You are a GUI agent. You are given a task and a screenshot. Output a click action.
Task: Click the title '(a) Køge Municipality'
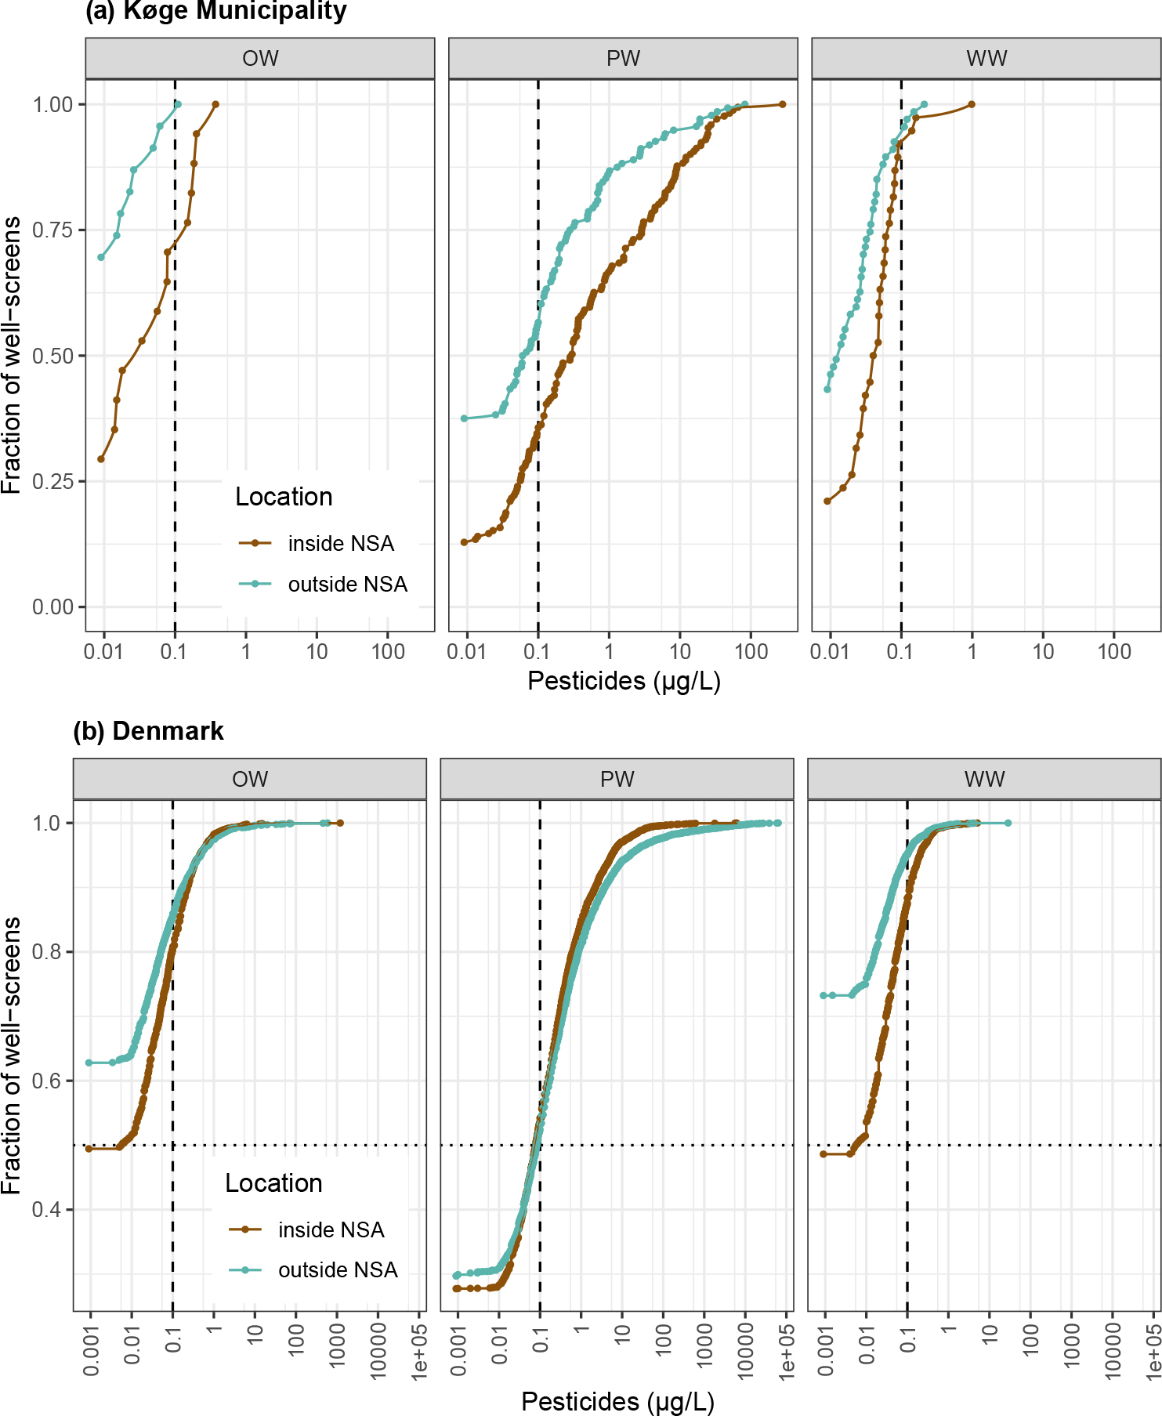215,12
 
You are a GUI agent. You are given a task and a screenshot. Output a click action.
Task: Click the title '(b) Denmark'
148,731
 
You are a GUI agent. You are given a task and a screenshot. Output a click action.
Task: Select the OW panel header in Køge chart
260,59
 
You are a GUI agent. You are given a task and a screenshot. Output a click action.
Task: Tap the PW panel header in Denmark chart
617,780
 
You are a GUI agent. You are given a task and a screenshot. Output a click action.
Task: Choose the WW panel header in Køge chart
986,59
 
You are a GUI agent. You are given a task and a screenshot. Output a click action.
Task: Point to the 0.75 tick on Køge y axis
52,230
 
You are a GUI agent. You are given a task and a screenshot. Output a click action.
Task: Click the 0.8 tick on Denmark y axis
47,952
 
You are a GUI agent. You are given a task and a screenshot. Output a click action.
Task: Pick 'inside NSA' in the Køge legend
340,544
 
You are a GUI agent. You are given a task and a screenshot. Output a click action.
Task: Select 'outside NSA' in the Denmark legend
338,1270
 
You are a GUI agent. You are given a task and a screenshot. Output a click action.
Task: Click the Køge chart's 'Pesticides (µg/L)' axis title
624,681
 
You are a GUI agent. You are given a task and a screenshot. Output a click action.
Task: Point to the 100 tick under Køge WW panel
1113,651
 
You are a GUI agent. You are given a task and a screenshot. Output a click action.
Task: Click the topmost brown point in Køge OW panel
215,104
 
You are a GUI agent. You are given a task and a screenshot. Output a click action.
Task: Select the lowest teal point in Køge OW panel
101,257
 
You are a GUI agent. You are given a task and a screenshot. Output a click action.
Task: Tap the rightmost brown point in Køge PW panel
782,104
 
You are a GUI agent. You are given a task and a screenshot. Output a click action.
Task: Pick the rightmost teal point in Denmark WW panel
1008,823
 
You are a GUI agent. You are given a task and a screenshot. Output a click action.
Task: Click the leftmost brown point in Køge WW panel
827,502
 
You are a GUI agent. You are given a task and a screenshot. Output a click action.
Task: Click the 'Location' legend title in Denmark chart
273,1183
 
